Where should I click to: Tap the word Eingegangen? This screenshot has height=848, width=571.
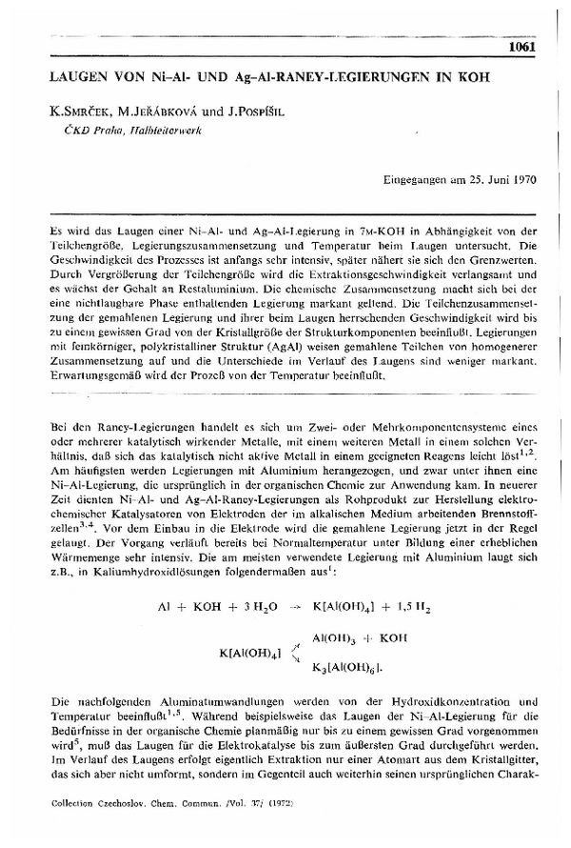pos(415,178)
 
